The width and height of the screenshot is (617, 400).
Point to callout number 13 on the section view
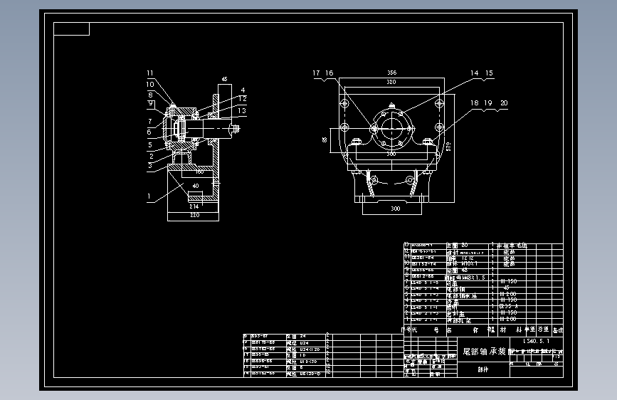pos(242,110)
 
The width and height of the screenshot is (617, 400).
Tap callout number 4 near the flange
pos(242,90)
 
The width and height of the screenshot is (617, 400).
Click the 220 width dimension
pos(194,214)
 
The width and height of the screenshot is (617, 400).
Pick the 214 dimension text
pos(194,206)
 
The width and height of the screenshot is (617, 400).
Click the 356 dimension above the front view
pos(391,73)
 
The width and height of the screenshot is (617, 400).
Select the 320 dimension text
pos(391,83)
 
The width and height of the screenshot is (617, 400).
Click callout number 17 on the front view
pos(316,73)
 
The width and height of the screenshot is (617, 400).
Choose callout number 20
pos(504,103)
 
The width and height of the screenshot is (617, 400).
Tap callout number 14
pos(474,73)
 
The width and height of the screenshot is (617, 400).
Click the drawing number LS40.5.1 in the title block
pos(535,342)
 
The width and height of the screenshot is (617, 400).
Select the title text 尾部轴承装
pos(484,352)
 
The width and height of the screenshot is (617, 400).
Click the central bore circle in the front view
pos(391,129)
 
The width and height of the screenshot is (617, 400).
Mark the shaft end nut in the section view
pos(234,130)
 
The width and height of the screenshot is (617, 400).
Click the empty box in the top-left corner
pos(72,29)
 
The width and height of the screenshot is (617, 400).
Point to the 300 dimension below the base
pos(395,209)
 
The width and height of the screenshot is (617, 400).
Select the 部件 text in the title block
pos(484,369)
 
